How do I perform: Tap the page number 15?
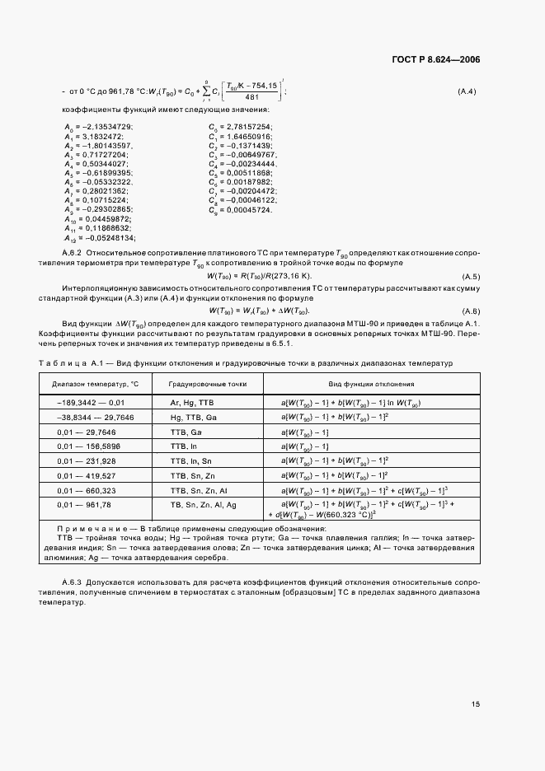(476, 703)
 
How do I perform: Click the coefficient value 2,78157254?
(247, 125)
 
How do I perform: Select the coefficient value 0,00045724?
(247, 210)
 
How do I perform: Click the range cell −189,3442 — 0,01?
(91, 403)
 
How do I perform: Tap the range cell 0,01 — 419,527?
(86, 475)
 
